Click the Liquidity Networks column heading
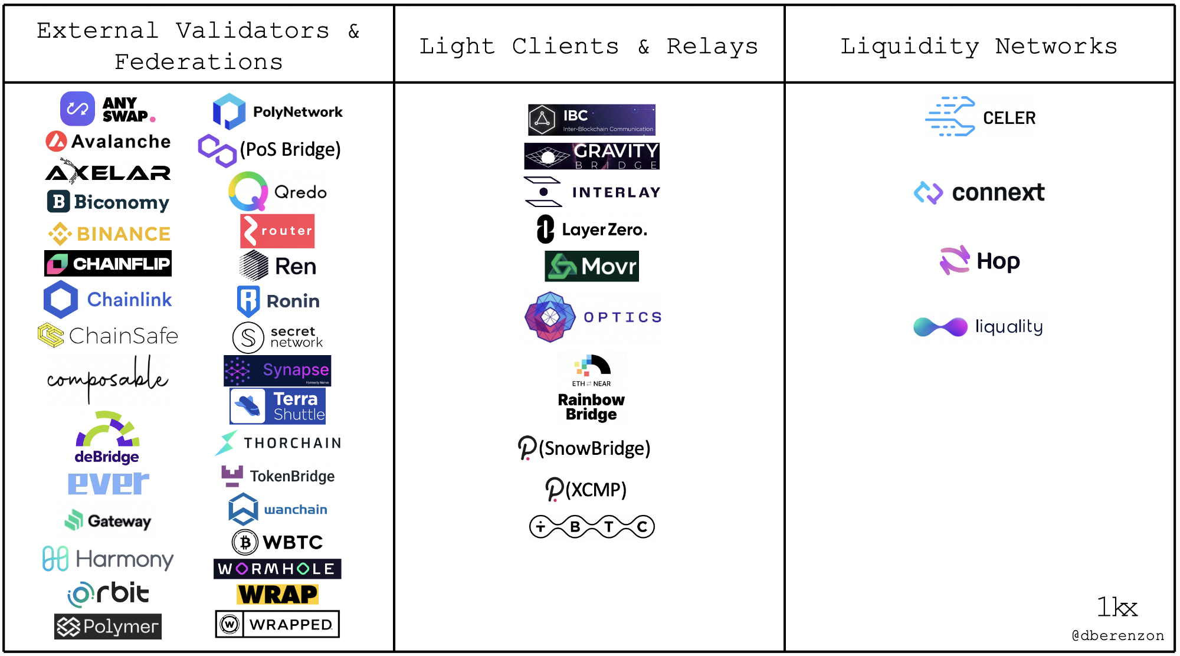coord(979,46)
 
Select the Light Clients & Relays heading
coord(588,46)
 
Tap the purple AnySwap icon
coord(77,109)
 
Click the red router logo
coord(277,231)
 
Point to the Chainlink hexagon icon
coord(61,299)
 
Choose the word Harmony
coord(124,559)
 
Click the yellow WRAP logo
coord(277,594)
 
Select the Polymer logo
coord(108,627)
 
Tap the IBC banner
coord(591,120)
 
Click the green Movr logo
coord(591,267)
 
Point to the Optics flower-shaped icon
coord(550,317)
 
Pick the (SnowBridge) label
coord(594,448)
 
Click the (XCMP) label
coord(596,490)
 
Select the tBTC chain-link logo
coord(592,526)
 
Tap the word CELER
coord(1009,118)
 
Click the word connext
coord(998,192)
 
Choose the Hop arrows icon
coord(955,260)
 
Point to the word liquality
coord(1009,326)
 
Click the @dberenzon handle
coord(1117,635)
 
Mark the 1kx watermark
coord(1117,607)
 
